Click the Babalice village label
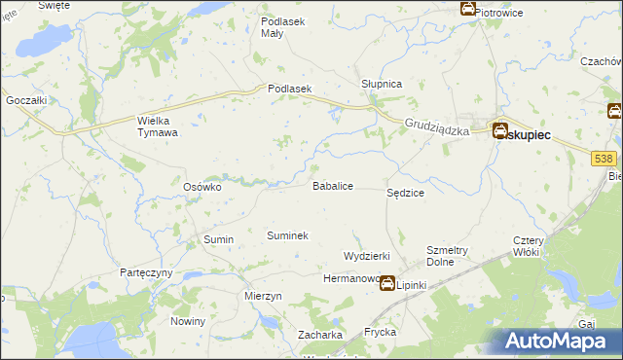[332, 185]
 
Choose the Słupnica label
[382, 84]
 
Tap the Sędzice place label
[405, 194]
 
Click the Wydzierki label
[367, 255]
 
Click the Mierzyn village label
[264, 296]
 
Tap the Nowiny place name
[188, 321]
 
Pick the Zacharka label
[320, 335]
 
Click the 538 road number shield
[605, 158]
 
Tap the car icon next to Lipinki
[387, 284]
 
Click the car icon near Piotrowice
[467, 9]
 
